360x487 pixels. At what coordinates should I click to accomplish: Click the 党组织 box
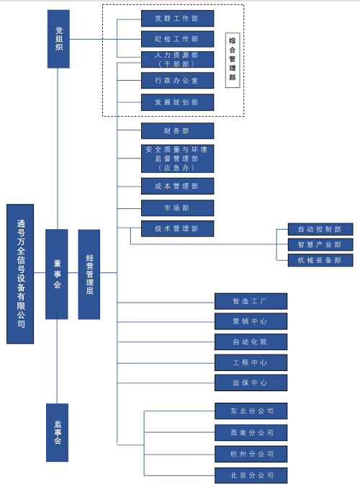(x=58, y=39)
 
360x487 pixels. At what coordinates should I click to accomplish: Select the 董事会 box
(x=57, y=274)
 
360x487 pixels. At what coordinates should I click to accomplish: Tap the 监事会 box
(x=57, y=433)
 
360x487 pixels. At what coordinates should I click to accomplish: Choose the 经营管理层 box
(x=89, y=274)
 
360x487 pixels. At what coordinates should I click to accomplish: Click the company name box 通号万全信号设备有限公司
(x=20, y=274)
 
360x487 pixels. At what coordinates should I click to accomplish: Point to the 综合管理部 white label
(x=233, y=61)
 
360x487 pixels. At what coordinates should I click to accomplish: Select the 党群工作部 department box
(x=178, y=19)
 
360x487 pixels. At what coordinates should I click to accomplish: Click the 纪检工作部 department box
(x=178, y=39)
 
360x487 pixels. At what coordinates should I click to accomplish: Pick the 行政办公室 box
(x=178, y=81)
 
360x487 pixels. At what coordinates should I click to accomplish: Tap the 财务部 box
(x=178, y=131)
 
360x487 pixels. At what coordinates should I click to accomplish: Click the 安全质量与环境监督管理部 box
(x=178, y=158)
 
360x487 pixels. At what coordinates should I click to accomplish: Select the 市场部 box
(x=178, y=207)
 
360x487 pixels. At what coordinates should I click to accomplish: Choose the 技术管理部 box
(x=178, y=228)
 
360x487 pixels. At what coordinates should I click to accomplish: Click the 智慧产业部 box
(x=320, y=245)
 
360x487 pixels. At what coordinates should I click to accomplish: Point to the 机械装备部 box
(x=320, y=260)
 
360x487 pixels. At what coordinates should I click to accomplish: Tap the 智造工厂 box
(x=251, y=301)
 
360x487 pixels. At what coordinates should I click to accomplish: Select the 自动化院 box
(x=251, y=342)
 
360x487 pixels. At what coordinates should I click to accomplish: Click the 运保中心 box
(x=251, y=383)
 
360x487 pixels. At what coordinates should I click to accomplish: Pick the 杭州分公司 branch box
(x=251, y=454)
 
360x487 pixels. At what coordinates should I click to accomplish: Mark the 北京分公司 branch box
(x=251, y=475)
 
